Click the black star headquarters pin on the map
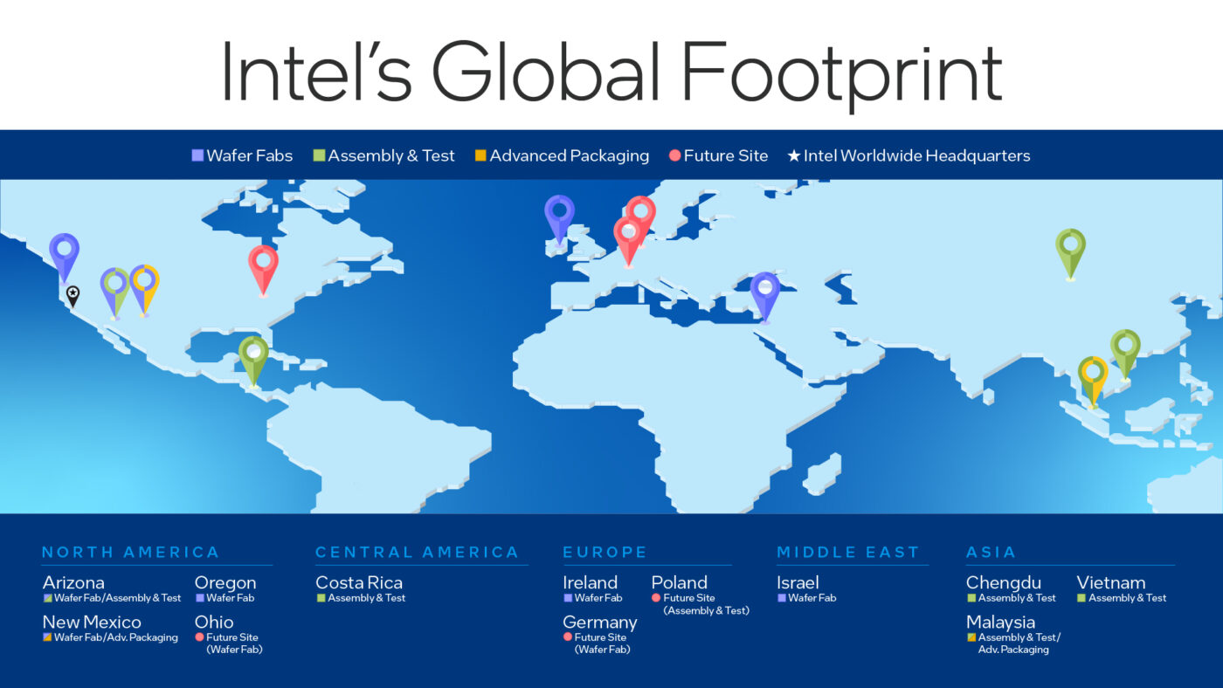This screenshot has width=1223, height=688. [x=73, y=294]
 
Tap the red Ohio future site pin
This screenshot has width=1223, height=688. [x=263, y=262]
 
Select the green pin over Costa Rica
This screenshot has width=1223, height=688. [x=253, y=354]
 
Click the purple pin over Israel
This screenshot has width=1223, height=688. [x=764, y=289]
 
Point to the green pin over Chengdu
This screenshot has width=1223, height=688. [x=1070, y=245]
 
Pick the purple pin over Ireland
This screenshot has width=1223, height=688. [x=559, y=212]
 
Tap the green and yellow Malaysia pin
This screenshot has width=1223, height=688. [x=1092, y=373]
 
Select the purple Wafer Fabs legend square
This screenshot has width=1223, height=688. [x=197, y=156]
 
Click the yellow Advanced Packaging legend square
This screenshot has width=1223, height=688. [x=480, y=156]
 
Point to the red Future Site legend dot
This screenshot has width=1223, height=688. [x=674, y=156]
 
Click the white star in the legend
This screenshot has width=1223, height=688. [x=793, y=156]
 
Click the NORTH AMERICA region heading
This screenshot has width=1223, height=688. [x=130, y=552]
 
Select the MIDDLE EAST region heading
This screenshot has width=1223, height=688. [x=847, y=552]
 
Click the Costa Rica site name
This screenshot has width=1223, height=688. [x=359, y=582]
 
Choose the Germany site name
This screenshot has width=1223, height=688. [x=599, y=623]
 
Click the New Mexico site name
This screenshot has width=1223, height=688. [x=92, y=623]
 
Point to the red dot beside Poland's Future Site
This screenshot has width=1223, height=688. [x=656, y=598]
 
